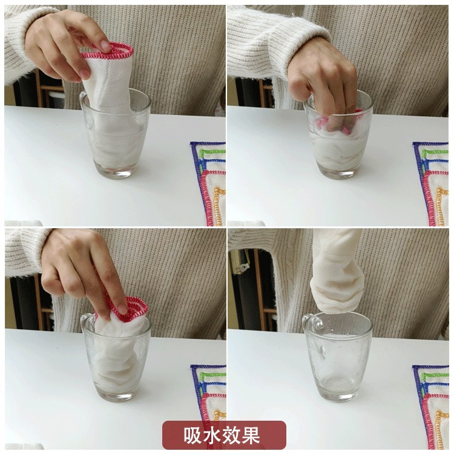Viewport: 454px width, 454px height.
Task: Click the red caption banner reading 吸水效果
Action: coord(224,435)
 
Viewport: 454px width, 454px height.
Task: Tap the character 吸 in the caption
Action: coord(194,435)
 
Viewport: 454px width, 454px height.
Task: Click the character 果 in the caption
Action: coord(251,435)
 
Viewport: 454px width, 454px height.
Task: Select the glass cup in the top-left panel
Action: coord(115,134)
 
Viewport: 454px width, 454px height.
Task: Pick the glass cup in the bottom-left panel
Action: coord(115,357)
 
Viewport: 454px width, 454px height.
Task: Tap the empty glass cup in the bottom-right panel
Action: coord(337,357)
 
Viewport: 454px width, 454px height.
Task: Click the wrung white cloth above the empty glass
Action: coord(336,272)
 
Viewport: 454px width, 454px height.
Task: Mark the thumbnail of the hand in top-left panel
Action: coord(105,45)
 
